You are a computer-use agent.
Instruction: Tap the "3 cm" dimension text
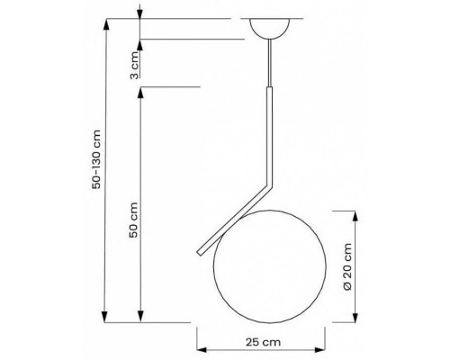[133, 64]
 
